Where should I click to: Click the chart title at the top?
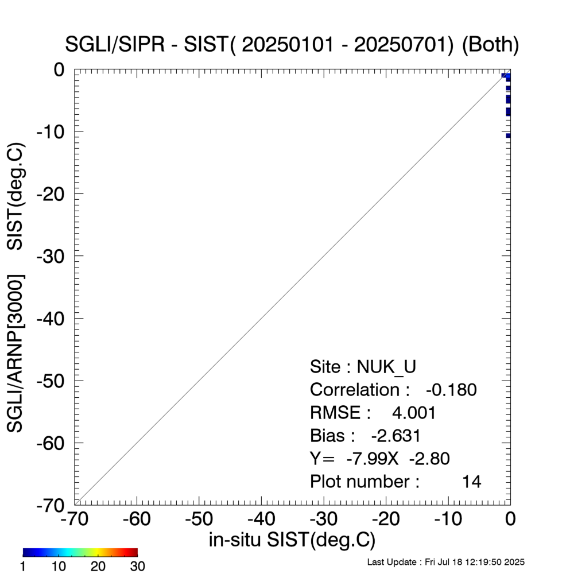pos(293,45)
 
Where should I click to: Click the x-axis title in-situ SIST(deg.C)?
pos(292,540)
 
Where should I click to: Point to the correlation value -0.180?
pos(451,390)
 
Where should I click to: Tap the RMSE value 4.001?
pos(414,413)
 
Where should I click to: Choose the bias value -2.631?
pos(396,436)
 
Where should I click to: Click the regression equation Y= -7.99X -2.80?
pos(379,459)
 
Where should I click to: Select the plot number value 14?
pos(472,482)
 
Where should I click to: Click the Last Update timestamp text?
pos(445,562)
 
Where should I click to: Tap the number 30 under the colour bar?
pos(137,567)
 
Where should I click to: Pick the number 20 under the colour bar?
pos(98,567)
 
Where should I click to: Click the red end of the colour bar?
pos(134,552)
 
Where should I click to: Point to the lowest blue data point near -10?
pos(508,135)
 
